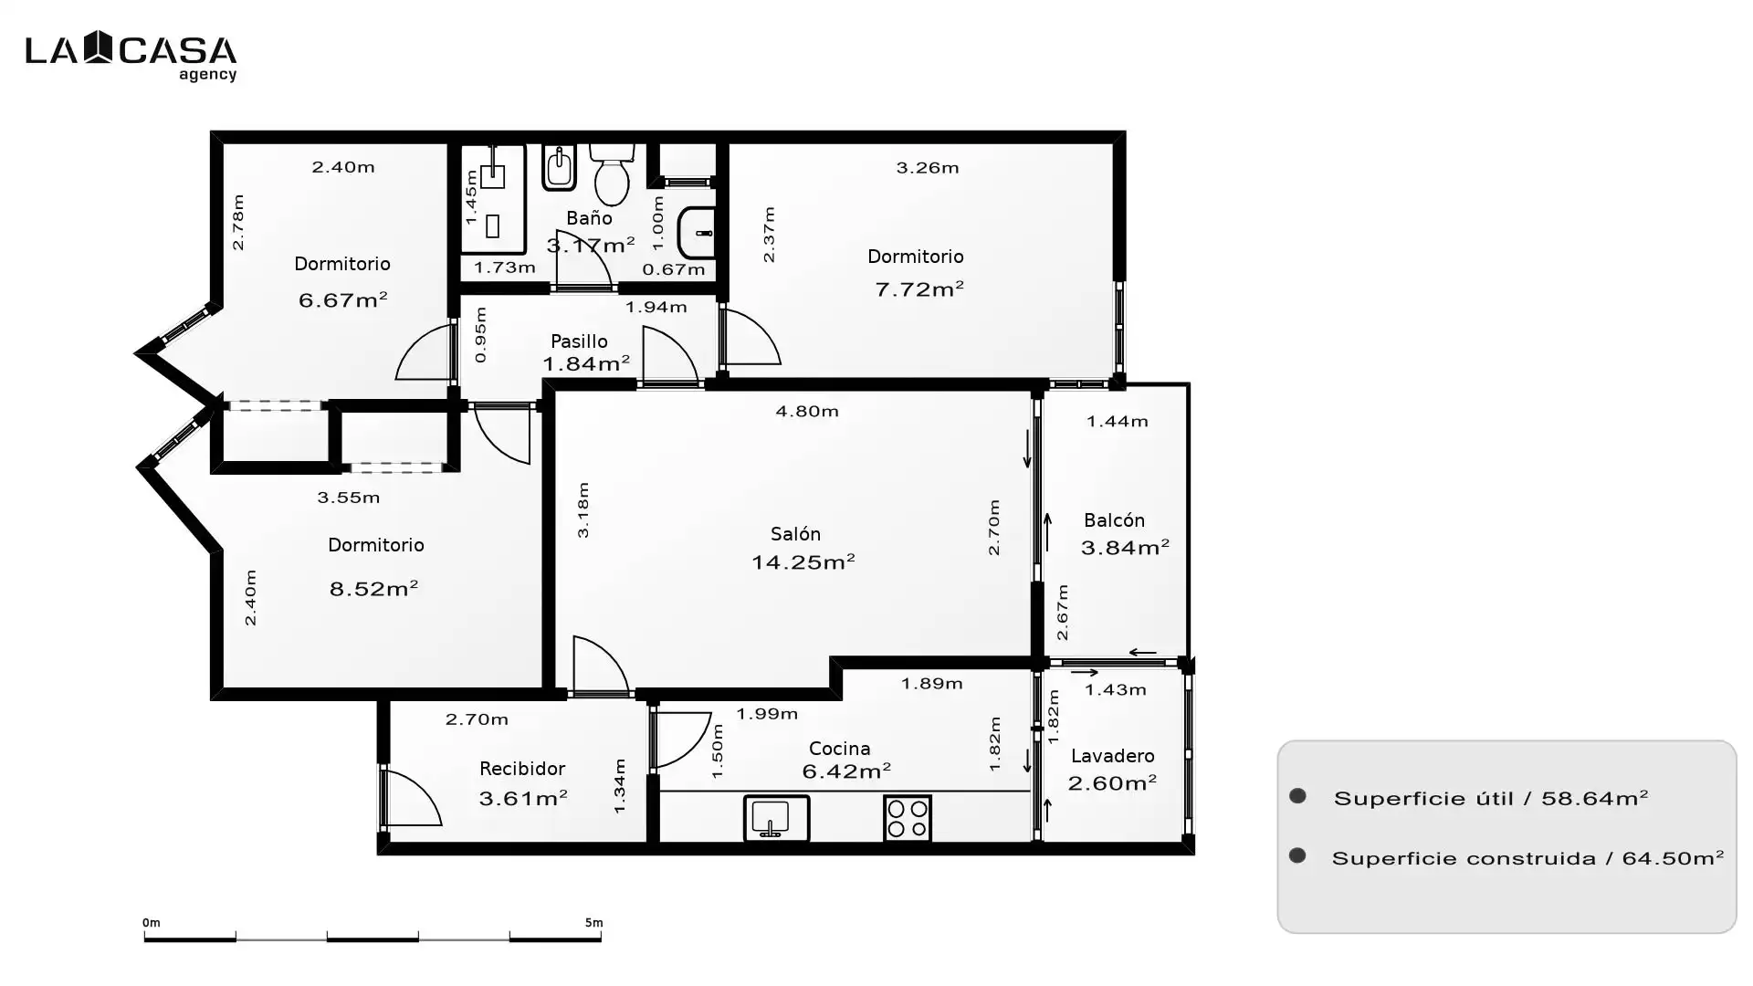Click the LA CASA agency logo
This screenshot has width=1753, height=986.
point(131,56)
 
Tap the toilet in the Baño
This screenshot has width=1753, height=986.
point(612,174)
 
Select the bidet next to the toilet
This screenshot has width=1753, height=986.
point(559,167)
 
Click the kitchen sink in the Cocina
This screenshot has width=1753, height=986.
point(776,818)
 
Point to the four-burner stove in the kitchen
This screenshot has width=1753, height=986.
point(908,818)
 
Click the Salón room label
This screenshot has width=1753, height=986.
point(795,534)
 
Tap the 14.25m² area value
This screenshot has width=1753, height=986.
point(803,561)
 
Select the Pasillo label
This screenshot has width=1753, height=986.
point(579,341)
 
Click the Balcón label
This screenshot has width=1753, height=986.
point(1114,520)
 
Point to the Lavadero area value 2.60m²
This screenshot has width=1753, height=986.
point(1112,783)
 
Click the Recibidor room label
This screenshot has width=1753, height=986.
point(522,769)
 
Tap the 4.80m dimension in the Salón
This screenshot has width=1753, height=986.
point(807,412)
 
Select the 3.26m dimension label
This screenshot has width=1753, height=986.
point(928,168)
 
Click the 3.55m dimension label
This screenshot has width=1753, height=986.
point(349,498)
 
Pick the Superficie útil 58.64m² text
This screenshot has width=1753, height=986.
point(1491,799)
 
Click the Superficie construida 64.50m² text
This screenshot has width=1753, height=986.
point(1527,858)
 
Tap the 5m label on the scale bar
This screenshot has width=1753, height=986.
point(593,923)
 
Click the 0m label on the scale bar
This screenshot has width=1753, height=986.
point(152,923)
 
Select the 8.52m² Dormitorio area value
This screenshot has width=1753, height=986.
point(373,589)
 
